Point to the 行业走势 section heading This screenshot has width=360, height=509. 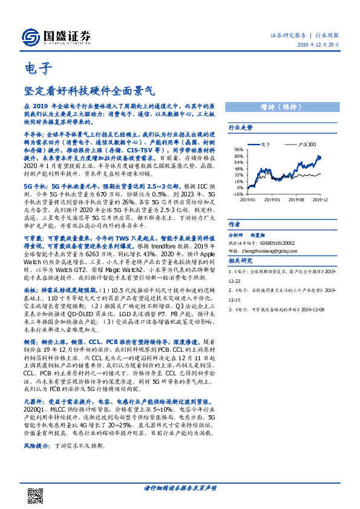coord(240,128)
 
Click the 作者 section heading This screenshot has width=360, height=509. coord(235,223)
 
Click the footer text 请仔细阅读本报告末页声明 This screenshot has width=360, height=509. coord(180,488)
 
